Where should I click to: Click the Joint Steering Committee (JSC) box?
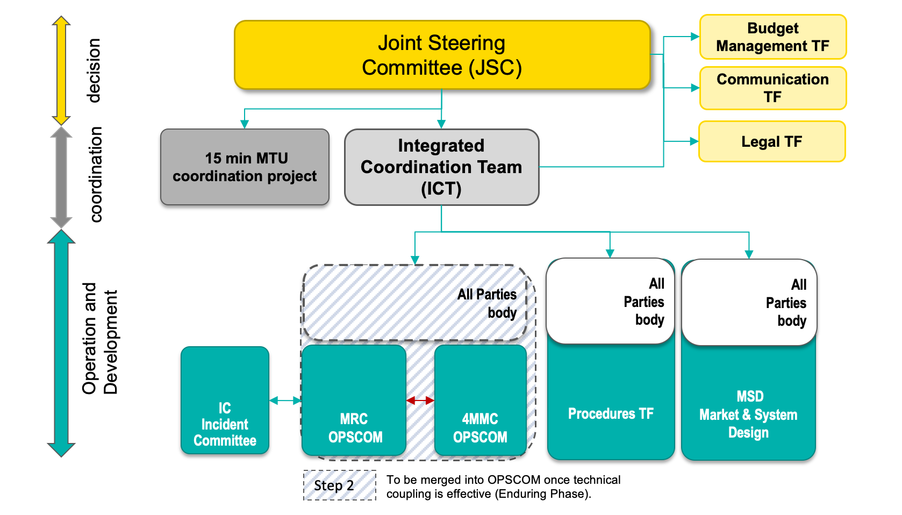pyautogui.click(x=442, y=55)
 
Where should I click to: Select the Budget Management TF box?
pyautogui.click(x=772, y=37)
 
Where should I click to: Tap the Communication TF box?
pyautogui.click(x=772, y=88)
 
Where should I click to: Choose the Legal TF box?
pyautogui.click(x=771, y=141)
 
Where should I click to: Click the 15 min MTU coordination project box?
pyautogui.click(x=245, y=167)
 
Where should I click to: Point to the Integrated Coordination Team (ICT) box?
pyautogui.click(x=441, y=167)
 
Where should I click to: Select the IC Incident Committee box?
pyautogui.click(x=225, y=401)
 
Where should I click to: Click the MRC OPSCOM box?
pyautogui.click(x=354, y=401)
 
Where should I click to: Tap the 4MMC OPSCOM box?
pyautogui.click(x=480, y=401)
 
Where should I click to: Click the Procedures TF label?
pyautogui.click(x=611, y=413)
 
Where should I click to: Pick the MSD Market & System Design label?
pyautogui.click(x=748, y=414)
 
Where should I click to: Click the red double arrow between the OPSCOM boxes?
pyautogui.click(x=420, y=400)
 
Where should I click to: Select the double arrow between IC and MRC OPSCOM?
pyautogui.click(x=285, y=400)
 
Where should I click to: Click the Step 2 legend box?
pyautogui.click(x=339, y=485)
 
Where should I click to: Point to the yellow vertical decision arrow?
pyautogui.click(x=61, y=70)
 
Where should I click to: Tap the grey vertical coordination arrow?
pyautogui.click(x=61, y=177)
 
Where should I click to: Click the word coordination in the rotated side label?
pyautogui.click(x=96, y=175)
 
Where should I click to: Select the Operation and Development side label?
pyautogui.click(x=99, y=339)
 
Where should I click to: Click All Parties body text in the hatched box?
pyautogui.click(x=488, y=303)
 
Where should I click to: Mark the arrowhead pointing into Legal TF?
pyautogui.click(x=694, y=141)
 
